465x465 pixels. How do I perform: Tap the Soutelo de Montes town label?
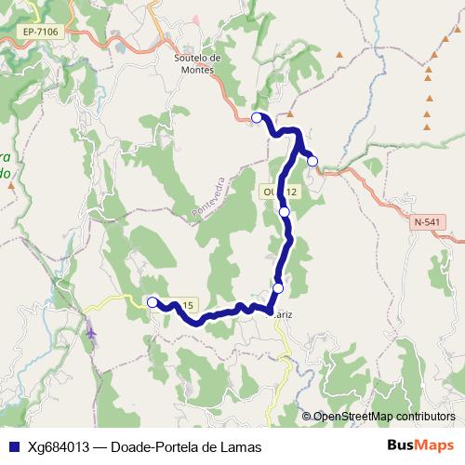point(196,62)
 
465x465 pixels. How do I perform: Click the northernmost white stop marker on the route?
point(257,117)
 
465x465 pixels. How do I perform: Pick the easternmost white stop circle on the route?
point(312,161)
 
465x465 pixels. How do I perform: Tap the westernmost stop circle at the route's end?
point(153,302)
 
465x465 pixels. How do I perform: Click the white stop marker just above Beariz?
point(277,289)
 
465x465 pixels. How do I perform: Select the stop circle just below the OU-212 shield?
point(285,212)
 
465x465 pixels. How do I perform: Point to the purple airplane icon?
point(91,329)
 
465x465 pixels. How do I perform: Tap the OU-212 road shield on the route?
point(279,192)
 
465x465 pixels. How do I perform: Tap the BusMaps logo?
point(420,445)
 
